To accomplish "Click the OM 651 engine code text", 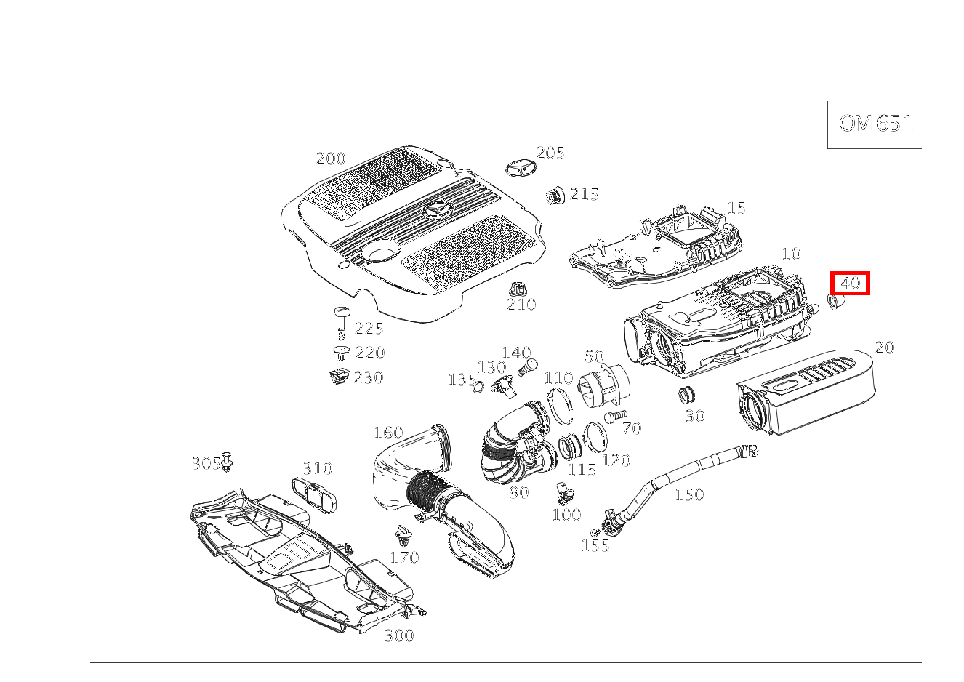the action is (x=875, y=124).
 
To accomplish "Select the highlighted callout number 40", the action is (x=850, y=283).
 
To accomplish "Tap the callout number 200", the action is (x=331, y=159).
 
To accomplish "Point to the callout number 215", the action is (x=584, y=194).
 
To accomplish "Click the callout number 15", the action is (x=736, y=208).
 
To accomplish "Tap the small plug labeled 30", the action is (x=686, y=395).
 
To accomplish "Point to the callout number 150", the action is (x=689, y=494).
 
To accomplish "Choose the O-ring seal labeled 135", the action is (x=478, y=388).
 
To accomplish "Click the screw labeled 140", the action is (x=528, y=368).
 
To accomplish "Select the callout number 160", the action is (x=388, y=433).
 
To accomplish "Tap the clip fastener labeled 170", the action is (x=403, y=536).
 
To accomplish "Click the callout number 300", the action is (x=399, y=635).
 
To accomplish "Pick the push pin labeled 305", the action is (x=228, y=462).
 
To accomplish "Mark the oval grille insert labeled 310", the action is (x=314, y=496).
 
